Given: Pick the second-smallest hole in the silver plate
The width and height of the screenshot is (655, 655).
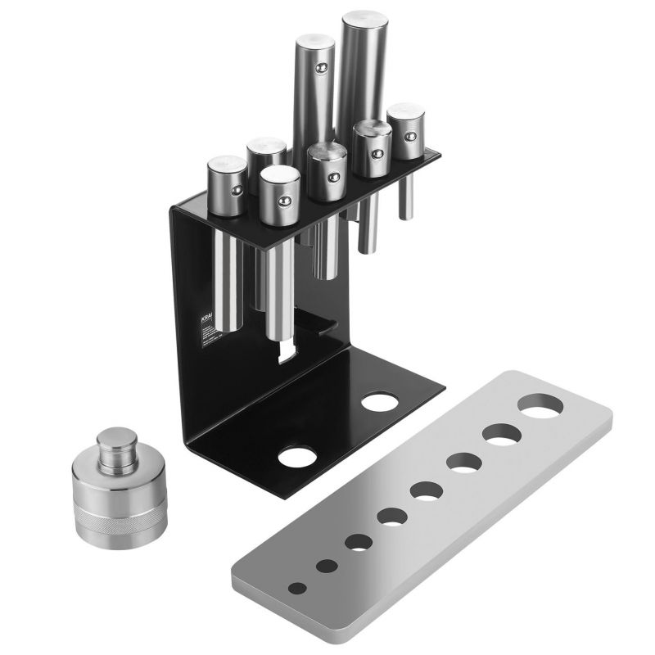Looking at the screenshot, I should click(x=327, y=566).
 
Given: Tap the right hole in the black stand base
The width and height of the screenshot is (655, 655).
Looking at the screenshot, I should click(x=379, y=402).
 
